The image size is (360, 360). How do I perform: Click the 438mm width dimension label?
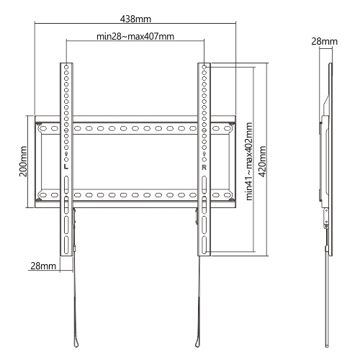pos(135,19)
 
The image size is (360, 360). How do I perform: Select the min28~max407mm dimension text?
pos(135,37)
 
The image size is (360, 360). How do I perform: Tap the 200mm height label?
pos(23,161)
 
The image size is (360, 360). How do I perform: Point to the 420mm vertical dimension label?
pos(262,161)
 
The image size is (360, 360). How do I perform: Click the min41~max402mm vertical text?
pos(249,161)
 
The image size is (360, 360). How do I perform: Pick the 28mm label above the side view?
pos(325,42)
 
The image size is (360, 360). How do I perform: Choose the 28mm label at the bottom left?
pos(43,266)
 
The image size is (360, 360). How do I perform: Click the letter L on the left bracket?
pos(66,166)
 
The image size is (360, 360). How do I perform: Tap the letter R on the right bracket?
pos(204,168)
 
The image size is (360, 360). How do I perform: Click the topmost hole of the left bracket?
pos(66,66)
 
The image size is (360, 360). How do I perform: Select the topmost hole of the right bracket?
pos(204,66)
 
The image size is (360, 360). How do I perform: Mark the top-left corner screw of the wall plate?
pos(39,124)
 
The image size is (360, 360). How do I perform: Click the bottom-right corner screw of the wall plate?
pos(231,199)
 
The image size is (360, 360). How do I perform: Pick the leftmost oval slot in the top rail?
pos(43,129)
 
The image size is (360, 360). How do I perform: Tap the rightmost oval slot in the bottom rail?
pos(227,195)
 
